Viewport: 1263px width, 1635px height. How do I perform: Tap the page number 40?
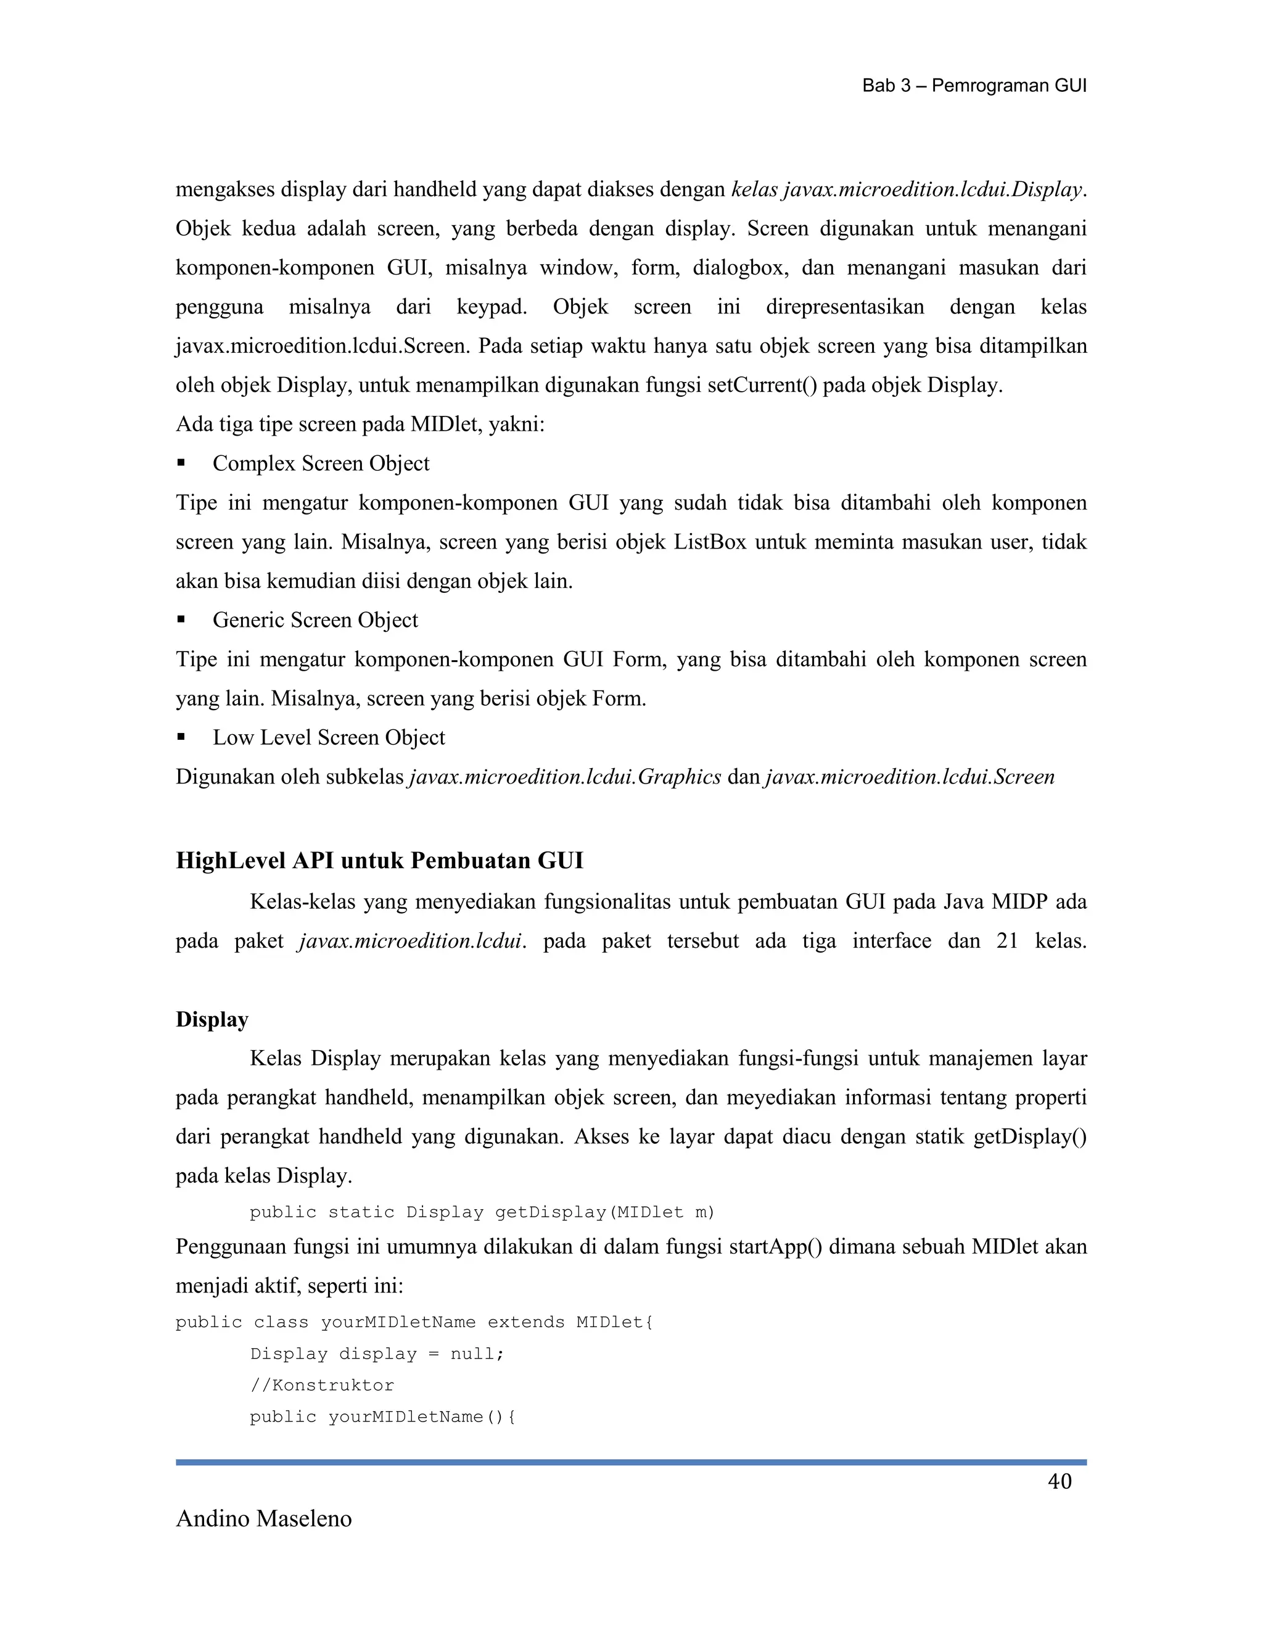pos(1059,1481)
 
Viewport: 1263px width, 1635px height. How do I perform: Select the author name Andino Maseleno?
pos(263,1518)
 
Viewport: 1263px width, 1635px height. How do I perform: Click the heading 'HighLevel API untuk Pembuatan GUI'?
pos(379,861)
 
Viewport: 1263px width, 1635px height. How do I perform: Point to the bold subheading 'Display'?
pos(212,1020)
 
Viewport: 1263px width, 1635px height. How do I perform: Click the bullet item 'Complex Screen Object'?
pos(321,463)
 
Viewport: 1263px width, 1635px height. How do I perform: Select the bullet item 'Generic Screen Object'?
pos(315,620)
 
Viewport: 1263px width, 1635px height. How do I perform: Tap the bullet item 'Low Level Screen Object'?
pos(329,737)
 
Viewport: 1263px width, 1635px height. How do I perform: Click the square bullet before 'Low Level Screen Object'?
pos(181,737)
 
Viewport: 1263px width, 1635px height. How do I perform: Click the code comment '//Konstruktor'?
pos(322,1385)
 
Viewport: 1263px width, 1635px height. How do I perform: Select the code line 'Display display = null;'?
pos(377,1354)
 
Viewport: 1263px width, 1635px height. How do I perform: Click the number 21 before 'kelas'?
pos(1007,941)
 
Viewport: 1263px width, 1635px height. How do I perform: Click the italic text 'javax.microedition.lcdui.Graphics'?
pos(565,777)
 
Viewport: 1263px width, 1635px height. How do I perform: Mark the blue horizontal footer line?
pos(631,1462)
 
